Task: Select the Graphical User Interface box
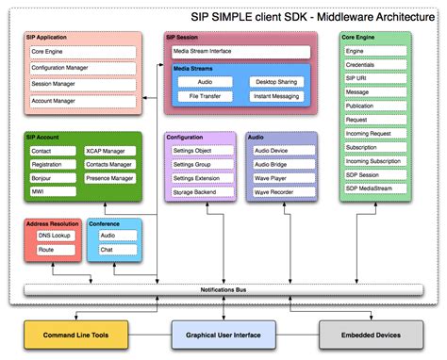(223, 334)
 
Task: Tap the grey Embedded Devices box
(373, 334)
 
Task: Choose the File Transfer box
(205, 96)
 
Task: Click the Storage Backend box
(201, 191)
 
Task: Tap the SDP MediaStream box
(373, 188)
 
